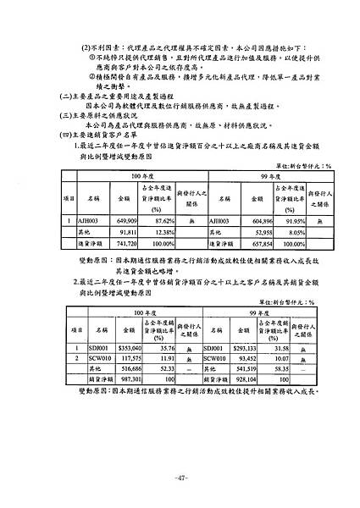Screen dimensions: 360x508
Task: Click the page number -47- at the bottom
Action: tap(180, 478)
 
